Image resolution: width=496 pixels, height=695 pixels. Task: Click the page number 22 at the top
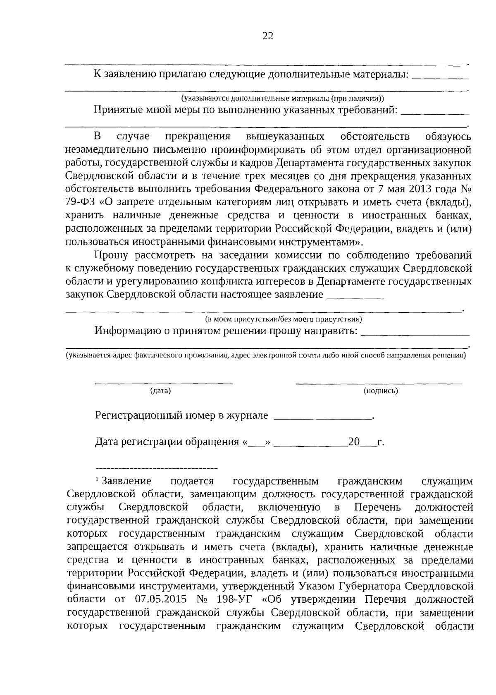pos(268,36)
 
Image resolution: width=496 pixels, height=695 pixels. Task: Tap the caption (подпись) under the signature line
pos(381,391)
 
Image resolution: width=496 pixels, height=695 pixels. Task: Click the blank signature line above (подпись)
pos(379,383)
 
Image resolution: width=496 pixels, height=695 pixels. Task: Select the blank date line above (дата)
pos(164,383)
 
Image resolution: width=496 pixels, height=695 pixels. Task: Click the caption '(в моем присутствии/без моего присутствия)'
pos(284,319)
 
